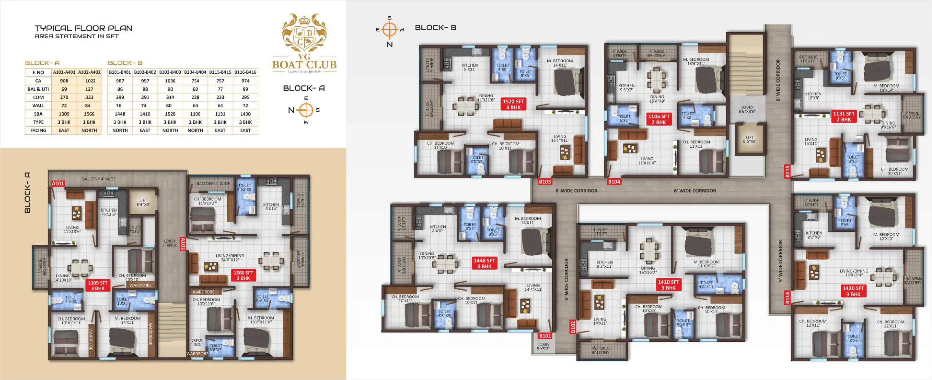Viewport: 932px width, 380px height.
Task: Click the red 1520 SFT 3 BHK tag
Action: [513, 104]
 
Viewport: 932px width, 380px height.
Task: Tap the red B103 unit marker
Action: [544, 182]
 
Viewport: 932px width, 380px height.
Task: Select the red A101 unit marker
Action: [58, 183]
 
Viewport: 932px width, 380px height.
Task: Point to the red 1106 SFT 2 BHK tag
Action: [659, 119]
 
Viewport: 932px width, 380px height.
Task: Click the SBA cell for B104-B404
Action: [195, 114]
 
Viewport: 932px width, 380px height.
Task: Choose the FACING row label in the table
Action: [38, 130]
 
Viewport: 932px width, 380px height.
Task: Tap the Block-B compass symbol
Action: [390, 30]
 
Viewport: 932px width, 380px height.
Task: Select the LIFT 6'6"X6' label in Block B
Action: [750, 139]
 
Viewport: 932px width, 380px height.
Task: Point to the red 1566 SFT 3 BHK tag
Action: [243, 275]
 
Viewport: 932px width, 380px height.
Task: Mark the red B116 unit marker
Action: [787, 298]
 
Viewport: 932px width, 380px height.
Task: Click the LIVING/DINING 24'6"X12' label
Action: [230, 258]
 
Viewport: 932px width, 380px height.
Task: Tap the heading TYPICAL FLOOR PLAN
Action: [84, 28]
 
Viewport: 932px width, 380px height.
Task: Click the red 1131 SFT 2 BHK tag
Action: [843, 116]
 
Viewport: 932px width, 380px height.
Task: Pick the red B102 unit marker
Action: [572, 327]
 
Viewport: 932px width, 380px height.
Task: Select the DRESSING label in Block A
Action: [197, 342]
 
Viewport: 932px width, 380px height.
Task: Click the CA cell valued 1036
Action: [170, 81]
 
